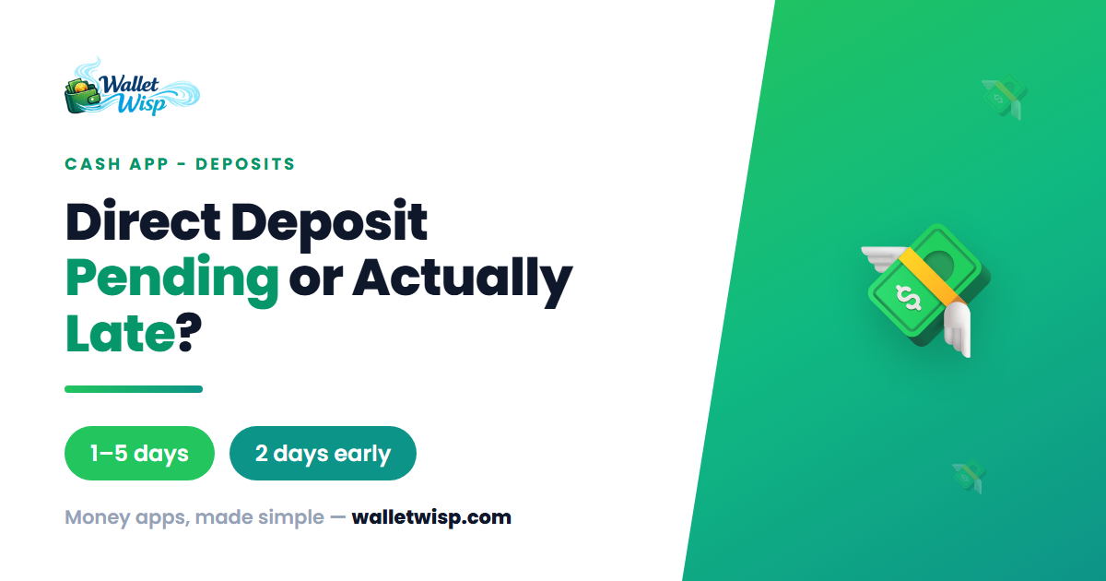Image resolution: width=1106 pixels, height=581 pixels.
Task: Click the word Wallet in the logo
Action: point(128,85)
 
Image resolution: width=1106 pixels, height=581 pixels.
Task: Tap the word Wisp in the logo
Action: point(142,104)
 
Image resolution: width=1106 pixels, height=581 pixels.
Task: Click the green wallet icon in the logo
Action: point(82,96)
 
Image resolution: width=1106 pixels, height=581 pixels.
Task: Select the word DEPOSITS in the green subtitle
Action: point(245,164)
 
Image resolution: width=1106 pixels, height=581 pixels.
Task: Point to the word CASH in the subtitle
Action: point(93,164)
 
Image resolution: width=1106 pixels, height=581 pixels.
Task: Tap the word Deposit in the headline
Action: point(329,225)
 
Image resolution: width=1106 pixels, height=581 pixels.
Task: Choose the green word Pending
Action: point(171,280)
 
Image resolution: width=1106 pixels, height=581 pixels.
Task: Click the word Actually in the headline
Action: point(463,280)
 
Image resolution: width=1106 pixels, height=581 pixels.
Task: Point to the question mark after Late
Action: point(189,332)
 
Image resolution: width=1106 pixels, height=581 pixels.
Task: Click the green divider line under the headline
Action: point(134,389)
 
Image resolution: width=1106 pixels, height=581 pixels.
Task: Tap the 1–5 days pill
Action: point(139,453)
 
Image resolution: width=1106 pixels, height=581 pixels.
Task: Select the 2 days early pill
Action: point(323,453)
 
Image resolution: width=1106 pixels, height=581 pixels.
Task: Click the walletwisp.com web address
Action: point(431,517)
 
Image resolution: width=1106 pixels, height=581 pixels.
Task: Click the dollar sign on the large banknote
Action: point(909,299)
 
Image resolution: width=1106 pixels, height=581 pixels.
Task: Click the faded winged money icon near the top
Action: point(1004,97)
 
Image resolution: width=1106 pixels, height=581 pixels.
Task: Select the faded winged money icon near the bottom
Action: point(969,476)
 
